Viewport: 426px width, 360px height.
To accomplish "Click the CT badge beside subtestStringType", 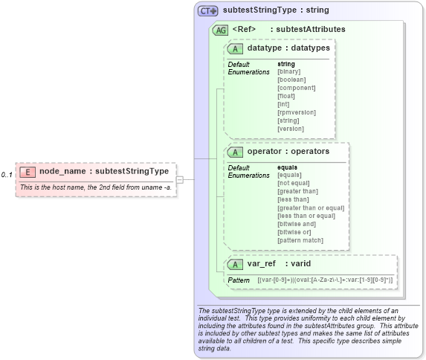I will coord(208,11).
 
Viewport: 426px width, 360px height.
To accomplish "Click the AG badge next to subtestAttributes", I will coord(220,30).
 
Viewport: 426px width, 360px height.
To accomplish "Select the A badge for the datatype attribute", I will coord(235,48).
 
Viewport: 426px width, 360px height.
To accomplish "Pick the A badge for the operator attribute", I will coord(235,151).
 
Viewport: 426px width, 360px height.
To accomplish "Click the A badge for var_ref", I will coord(235,264).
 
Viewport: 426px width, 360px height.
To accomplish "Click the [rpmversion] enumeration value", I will coord(296,112).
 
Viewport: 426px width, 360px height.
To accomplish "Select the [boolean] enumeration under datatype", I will coord(291,80).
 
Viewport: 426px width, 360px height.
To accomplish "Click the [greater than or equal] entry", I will coord(311,208).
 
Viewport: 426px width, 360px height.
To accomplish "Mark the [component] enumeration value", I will coord(296,88).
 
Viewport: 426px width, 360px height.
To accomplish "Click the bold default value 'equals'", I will coord(287,167).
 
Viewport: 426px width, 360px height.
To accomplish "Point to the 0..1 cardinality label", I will coord(7,175).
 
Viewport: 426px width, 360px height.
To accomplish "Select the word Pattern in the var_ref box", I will coord(239,280).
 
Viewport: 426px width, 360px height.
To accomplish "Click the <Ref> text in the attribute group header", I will coord(244,30).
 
